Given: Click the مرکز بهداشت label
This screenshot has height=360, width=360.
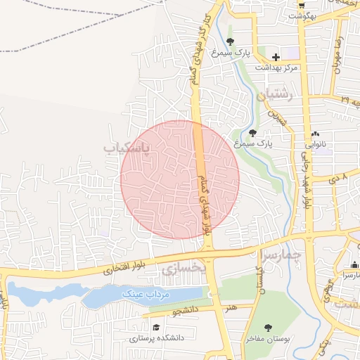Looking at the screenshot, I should [278, 67].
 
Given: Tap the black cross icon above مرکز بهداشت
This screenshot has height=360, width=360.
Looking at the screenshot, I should [276, 56].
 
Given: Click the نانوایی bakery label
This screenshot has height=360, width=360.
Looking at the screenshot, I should [320, 147].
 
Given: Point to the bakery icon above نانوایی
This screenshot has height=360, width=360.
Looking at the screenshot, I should [315, 134].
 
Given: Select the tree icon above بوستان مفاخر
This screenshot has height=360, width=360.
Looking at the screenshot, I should [268, 328].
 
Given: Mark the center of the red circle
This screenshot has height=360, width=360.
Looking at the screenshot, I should [180, 179].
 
